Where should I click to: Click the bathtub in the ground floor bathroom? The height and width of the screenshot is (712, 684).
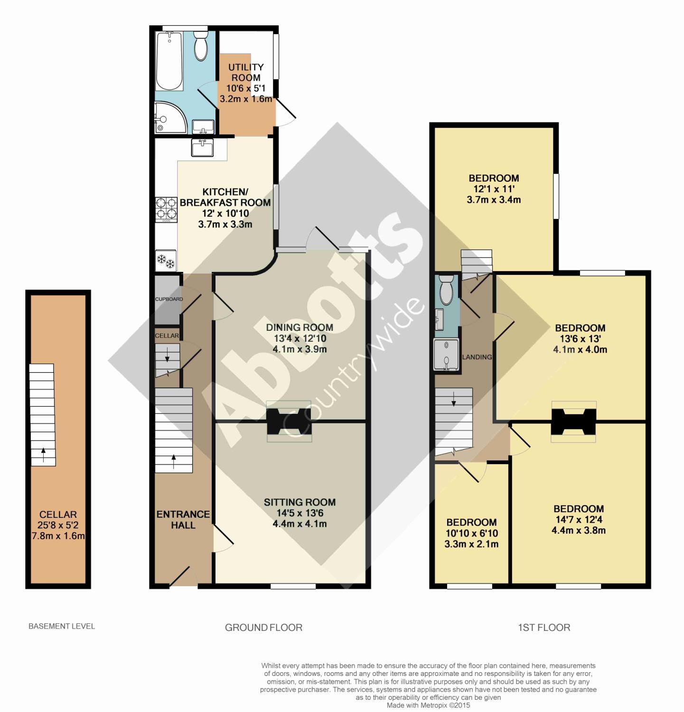[169, 61]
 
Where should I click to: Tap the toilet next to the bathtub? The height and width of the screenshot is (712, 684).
[201, 46]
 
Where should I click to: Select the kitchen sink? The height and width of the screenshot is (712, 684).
[203, 147]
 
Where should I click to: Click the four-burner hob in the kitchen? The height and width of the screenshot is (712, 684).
[166, 210]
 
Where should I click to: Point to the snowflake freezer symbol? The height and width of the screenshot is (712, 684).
[166, 260]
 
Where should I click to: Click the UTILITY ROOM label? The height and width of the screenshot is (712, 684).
[246, 72]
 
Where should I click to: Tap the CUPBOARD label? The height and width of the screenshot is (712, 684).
[169, 299]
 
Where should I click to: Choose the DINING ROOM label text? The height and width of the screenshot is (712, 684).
[300, 327]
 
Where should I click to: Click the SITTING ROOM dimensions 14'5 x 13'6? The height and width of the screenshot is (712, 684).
[300, 513]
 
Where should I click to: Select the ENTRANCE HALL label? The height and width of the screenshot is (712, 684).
[183, 519]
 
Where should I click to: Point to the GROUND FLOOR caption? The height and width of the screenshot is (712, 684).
[263, 628]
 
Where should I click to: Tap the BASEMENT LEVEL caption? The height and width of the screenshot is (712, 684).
[62, 626]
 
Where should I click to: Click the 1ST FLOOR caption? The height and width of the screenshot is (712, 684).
[544, 628]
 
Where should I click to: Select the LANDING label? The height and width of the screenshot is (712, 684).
[477, 357]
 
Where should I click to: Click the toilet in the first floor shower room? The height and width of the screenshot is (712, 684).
[446, 290]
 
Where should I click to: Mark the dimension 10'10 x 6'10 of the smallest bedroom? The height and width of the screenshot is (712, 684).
[471, 533]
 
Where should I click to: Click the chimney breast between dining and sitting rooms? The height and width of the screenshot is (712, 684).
[289, 422]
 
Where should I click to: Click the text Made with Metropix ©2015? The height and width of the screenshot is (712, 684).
[428, 705]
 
